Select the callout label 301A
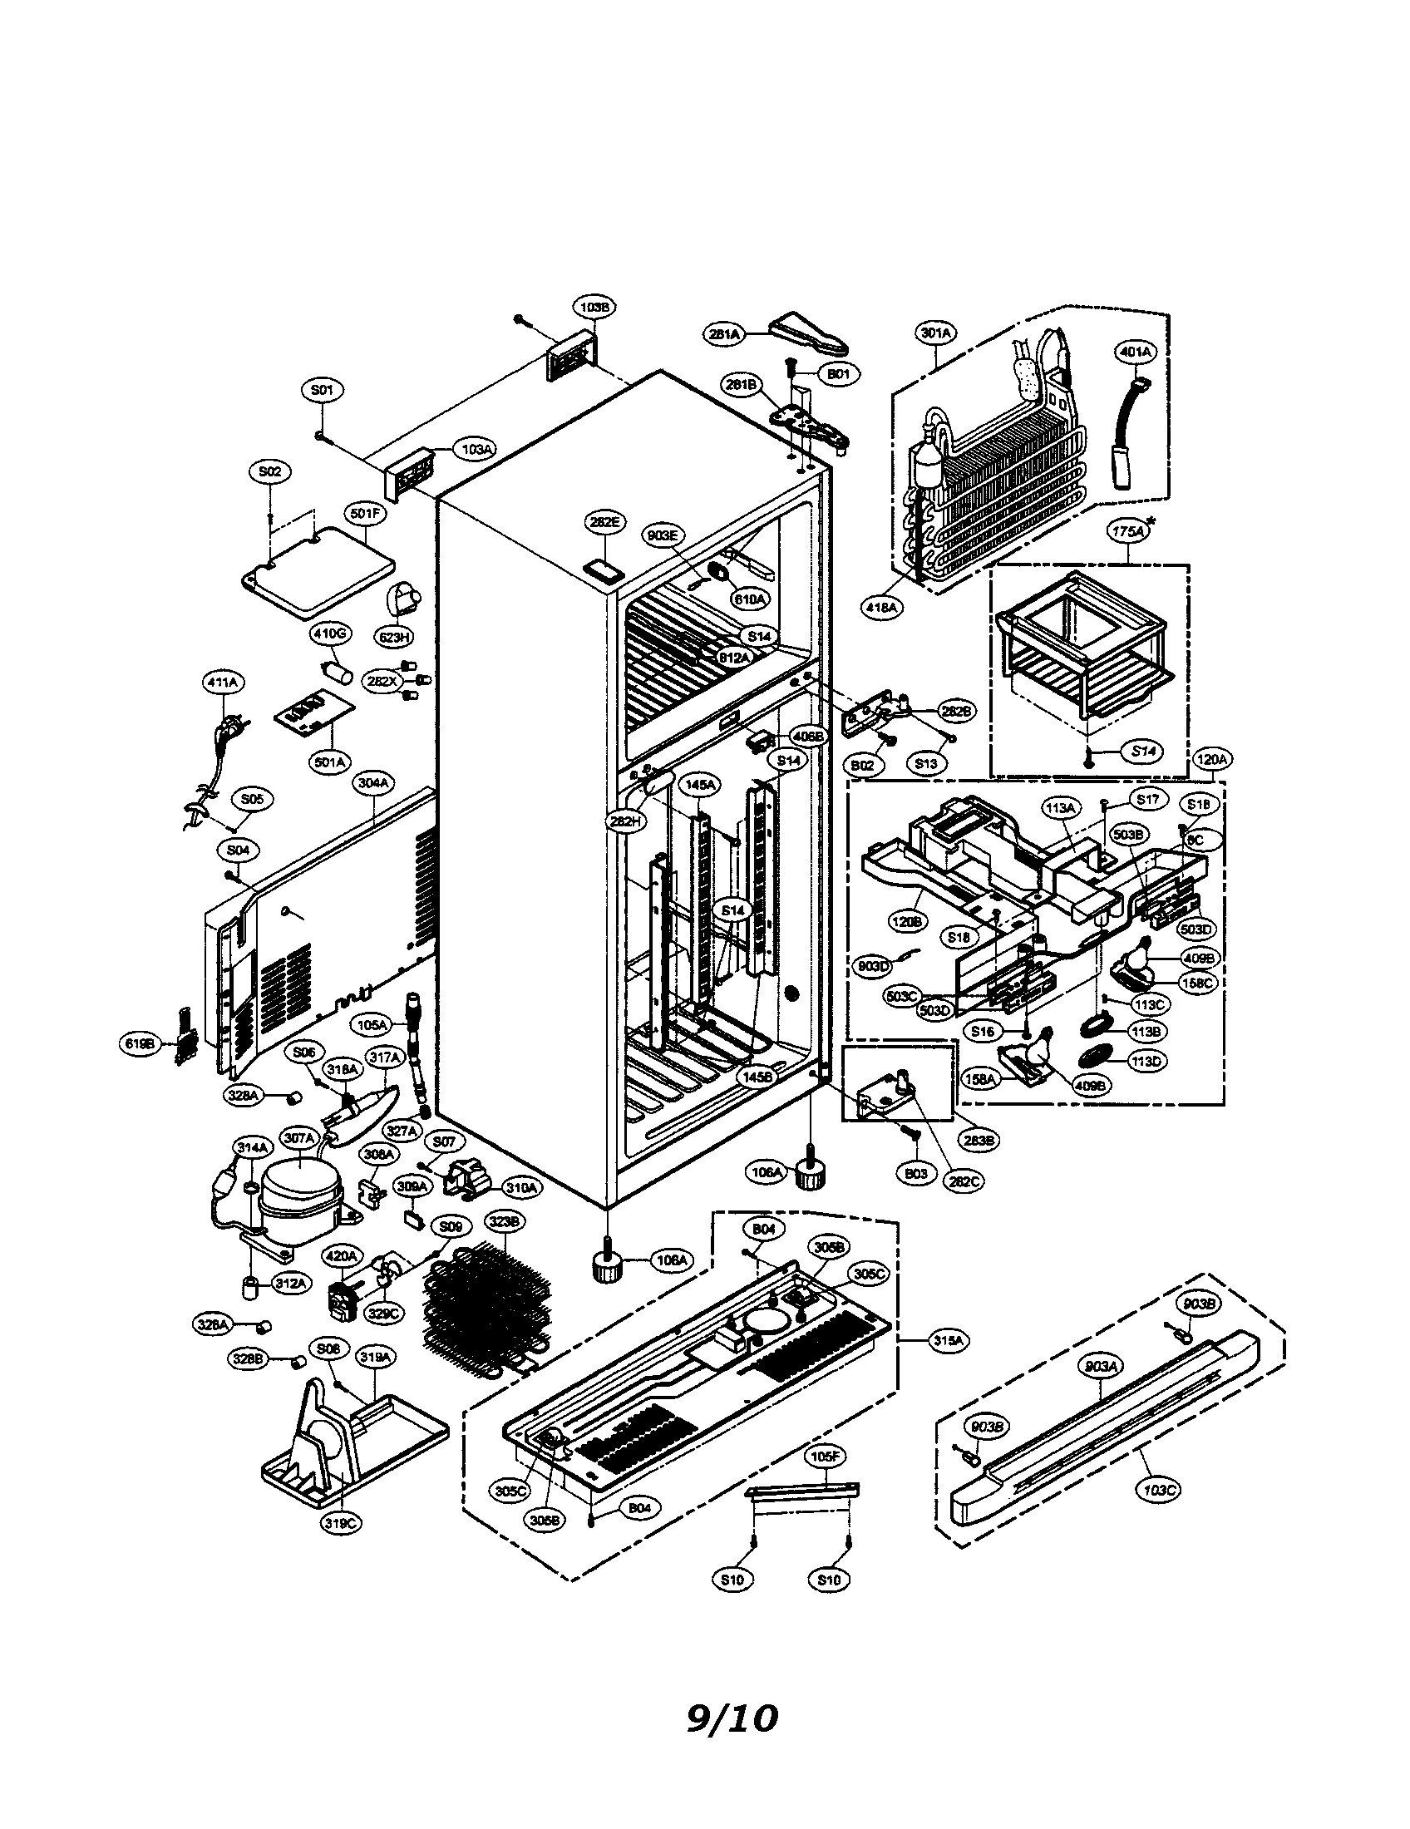935,333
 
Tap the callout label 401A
1134,352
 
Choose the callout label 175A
1128,531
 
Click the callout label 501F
364,514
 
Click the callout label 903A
1102,1366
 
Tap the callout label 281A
723,334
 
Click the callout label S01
322,390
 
